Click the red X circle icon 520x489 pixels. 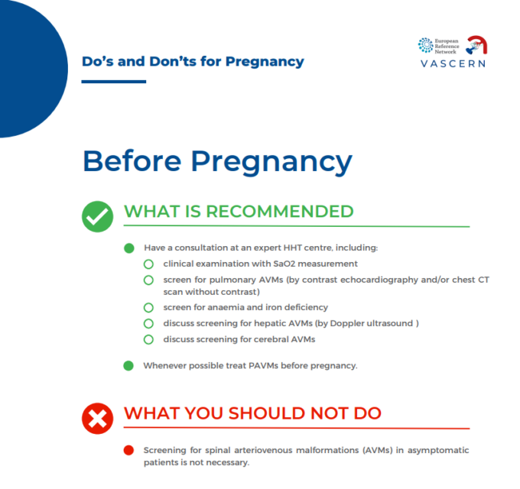[x=97, y=416]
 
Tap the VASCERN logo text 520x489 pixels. [x=453, y=63]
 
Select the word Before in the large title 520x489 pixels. [x=131, y=161]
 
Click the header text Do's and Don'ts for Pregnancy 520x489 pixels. [x=193, y=61]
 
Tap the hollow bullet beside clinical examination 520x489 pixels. [x=149, y=264]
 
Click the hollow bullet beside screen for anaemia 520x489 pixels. [x=149, y=308]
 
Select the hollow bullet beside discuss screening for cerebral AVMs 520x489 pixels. [x=149, y=339]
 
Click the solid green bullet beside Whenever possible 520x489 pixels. [x=128, y=365]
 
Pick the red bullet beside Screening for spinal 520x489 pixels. [x=128, y=450]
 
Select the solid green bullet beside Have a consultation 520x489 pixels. [x=128, y=248]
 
